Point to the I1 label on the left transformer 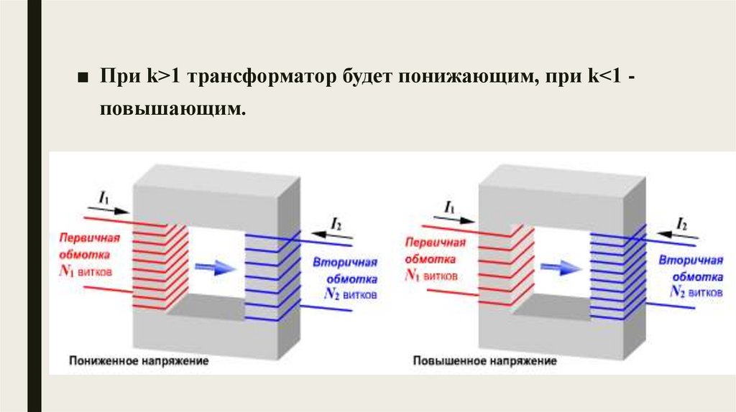pos(104,195)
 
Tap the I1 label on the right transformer pos(450,207)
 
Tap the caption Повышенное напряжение pos(484,361)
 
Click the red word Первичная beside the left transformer pos(90,239)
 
